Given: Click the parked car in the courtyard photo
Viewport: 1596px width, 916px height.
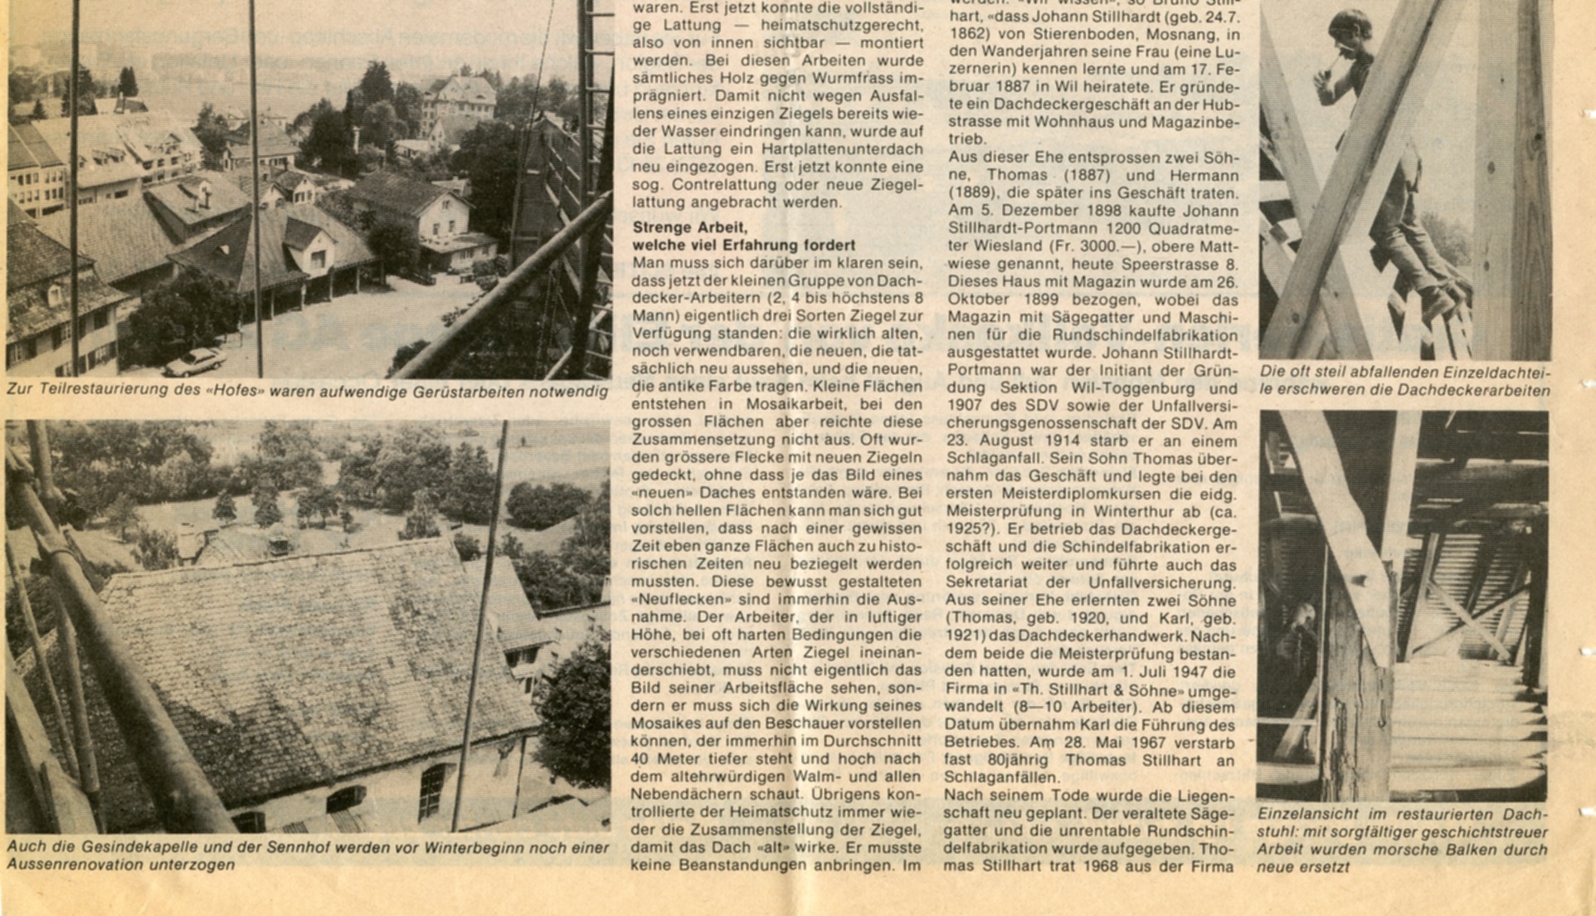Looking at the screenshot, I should pyautogui.click(x=193, y=362).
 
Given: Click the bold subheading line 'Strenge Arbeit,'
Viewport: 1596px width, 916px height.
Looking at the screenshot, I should pyautogui.click(x=690, y=227).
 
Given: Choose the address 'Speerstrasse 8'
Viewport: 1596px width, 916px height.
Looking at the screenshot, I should pyautogui.click(x=1188, y=264).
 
